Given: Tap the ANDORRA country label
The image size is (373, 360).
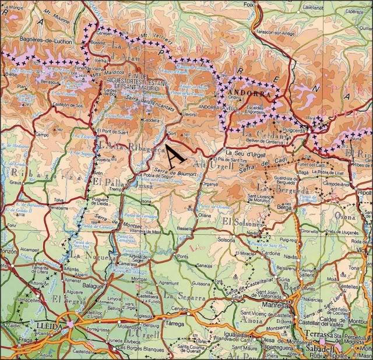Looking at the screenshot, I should tap(251, 93).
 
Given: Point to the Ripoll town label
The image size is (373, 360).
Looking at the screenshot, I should tap(364, 193).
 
